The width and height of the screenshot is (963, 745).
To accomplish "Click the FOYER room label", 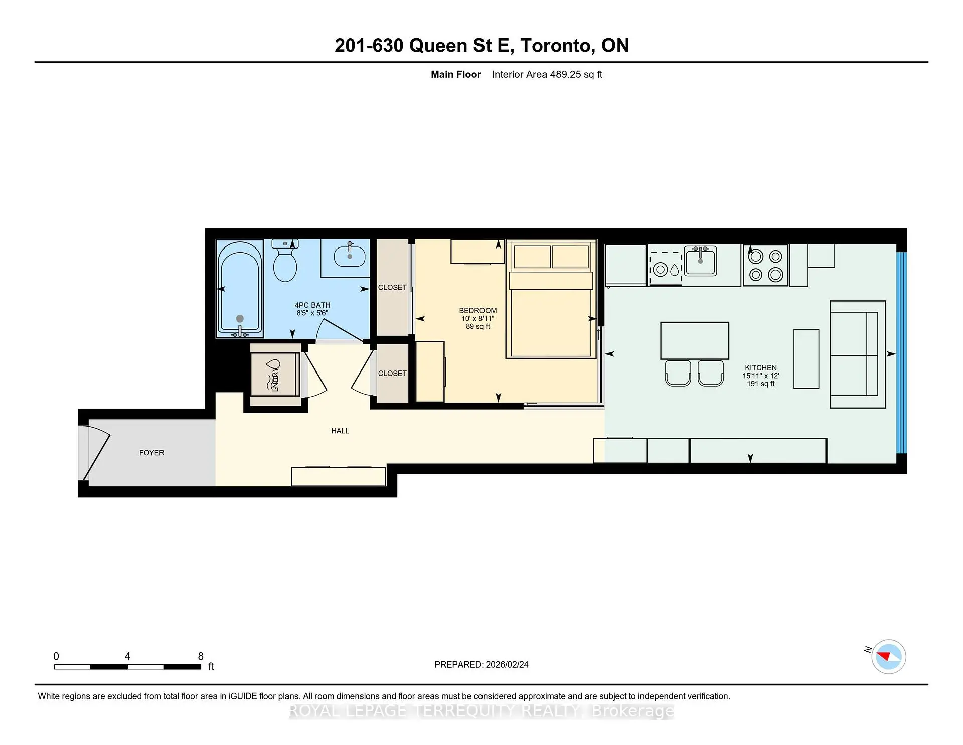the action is (151, 453).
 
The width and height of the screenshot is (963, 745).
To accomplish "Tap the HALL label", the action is (340, 431).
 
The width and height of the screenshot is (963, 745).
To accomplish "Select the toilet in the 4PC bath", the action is (285, 261).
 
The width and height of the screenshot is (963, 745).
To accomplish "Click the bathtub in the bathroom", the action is (240, 288).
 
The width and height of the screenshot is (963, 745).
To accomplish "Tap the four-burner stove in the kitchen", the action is (765, 266).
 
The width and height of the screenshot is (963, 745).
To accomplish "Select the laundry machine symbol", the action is (275, 375).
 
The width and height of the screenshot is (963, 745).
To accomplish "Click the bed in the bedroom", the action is (551, 300).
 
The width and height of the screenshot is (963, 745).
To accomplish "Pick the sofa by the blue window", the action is (858, 354).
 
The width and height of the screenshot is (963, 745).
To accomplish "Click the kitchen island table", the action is (695, 341).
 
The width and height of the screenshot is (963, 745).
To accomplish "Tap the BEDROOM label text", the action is (478, 311).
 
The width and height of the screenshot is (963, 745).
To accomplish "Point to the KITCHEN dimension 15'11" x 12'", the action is (761, 376).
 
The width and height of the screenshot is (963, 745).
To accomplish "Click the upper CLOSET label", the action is (392, 288).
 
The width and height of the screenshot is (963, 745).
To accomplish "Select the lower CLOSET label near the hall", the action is (392, 374).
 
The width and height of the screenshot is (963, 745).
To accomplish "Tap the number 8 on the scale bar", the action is (201, 656).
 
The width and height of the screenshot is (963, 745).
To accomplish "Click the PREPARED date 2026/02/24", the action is (507, 665).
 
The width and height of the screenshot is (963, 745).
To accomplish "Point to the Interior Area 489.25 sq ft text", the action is (547, 75).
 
